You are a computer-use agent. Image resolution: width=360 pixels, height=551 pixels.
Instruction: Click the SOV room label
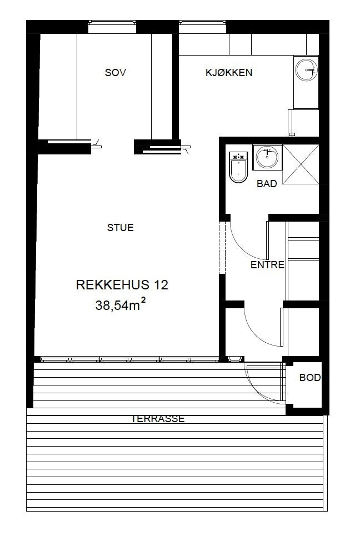tap(116, 72)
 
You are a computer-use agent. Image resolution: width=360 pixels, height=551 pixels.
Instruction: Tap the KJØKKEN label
tap(229, 72)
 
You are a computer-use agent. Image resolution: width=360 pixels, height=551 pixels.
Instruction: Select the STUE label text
tap(121, 227)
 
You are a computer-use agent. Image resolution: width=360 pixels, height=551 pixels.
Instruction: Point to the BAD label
tap(267, 184)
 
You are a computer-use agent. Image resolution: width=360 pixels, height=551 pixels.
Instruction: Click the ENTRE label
tap(267, 265)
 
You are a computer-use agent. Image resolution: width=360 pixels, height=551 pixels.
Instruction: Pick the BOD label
tap(310, 378)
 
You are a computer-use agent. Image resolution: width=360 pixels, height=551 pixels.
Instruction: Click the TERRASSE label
tap(158, 419)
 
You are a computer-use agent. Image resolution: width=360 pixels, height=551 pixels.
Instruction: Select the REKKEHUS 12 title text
tap(122, 285)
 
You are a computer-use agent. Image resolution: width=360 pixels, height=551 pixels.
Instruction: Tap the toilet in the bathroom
tap(239, 168)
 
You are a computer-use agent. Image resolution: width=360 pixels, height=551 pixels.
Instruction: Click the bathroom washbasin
tap(267, 157)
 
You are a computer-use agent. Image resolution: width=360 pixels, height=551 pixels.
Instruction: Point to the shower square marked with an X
tap(301, 164)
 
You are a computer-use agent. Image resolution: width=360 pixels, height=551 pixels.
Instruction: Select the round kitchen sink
tap(306, 69)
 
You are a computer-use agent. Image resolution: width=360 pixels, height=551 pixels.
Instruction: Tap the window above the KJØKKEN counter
tap(203, 23)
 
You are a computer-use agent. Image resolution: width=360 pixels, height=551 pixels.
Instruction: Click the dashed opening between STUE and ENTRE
tap(223, 247)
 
